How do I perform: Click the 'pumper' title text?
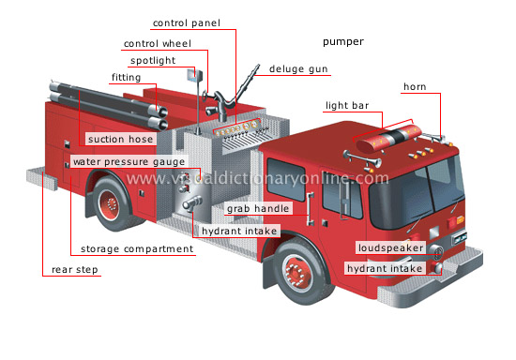coord(342,42)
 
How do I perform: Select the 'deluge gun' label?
coord(298,69)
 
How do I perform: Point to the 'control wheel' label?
coord(155,43)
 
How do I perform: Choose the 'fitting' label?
coord(127,77)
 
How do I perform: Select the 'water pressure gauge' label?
coord(128,161)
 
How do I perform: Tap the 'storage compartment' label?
coord(137,249)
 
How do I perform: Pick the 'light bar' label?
coord(346,106)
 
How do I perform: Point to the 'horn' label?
coord(415,87)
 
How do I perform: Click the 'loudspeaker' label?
coord(389,249)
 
